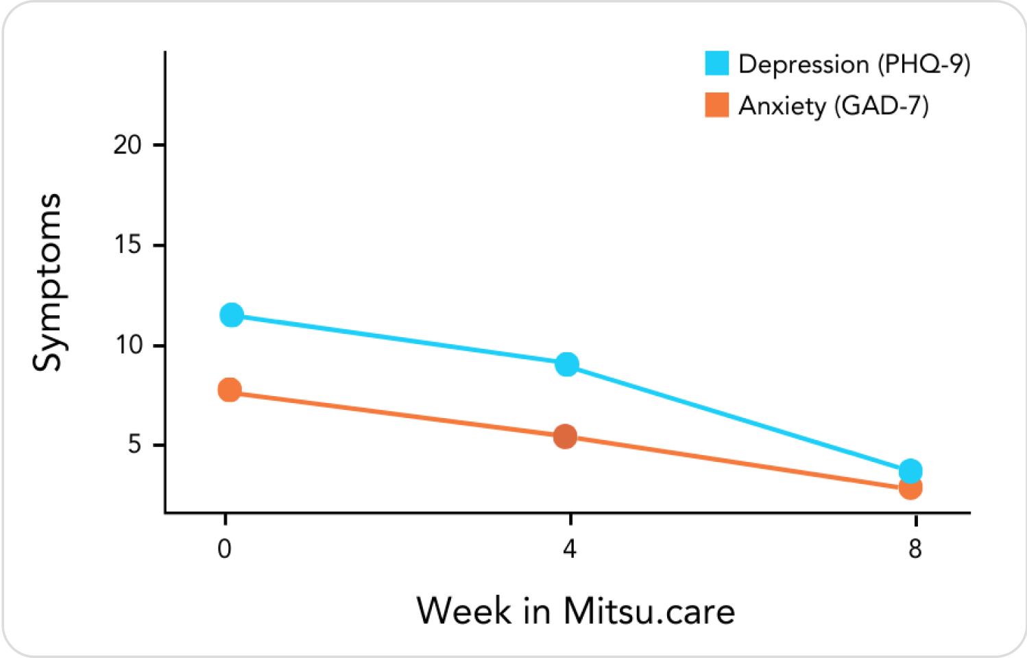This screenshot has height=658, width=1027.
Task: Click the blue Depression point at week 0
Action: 232,315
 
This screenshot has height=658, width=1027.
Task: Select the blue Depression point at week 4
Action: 567,364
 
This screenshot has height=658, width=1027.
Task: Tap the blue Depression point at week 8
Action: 910,471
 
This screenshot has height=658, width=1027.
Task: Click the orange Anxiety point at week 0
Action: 230,390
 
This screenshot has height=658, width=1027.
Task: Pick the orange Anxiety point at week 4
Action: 565,436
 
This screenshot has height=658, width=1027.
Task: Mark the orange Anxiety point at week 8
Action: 910,488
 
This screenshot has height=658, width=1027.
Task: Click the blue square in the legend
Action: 717,63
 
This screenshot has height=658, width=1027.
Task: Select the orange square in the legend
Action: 717,105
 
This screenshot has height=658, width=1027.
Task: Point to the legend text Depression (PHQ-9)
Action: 854,64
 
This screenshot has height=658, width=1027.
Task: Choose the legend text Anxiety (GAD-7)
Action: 833,106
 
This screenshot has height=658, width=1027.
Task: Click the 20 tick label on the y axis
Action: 128,145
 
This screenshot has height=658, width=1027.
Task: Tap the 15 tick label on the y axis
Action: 128,245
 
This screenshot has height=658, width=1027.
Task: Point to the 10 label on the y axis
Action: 128,345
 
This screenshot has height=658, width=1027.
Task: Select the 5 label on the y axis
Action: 134,445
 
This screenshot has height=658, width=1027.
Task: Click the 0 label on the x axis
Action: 224,549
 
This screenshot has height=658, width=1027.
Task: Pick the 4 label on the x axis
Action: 570,549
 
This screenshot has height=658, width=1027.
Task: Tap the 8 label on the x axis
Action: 915,549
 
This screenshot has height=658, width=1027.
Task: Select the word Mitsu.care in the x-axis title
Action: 649,610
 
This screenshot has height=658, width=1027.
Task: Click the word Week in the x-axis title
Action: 464,610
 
